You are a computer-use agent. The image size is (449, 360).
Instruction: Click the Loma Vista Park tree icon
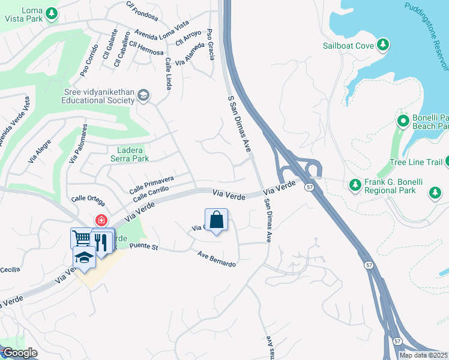(x=52, y=12)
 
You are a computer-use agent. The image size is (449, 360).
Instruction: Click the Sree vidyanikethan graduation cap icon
(x=143, y=95)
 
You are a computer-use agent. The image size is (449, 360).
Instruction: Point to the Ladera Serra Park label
(x=129, y=154)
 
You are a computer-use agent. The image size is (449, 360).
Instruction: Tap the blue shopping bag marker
(x=217, y=220)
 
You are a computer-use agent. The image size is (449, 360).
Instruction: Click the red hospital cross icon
(x=101, y=220)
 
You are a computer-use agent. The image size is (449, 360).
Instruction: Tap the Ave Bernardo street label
(x=217, y=259)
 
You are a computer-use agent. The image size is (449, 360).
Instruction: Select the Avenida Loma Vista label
(x=161, y=30)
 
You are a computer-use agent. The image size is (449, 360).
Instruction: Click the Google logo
(x=20, y=353)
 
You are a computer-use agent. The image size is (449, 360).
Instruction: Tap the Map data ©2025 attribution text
(x=424, y=355)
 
